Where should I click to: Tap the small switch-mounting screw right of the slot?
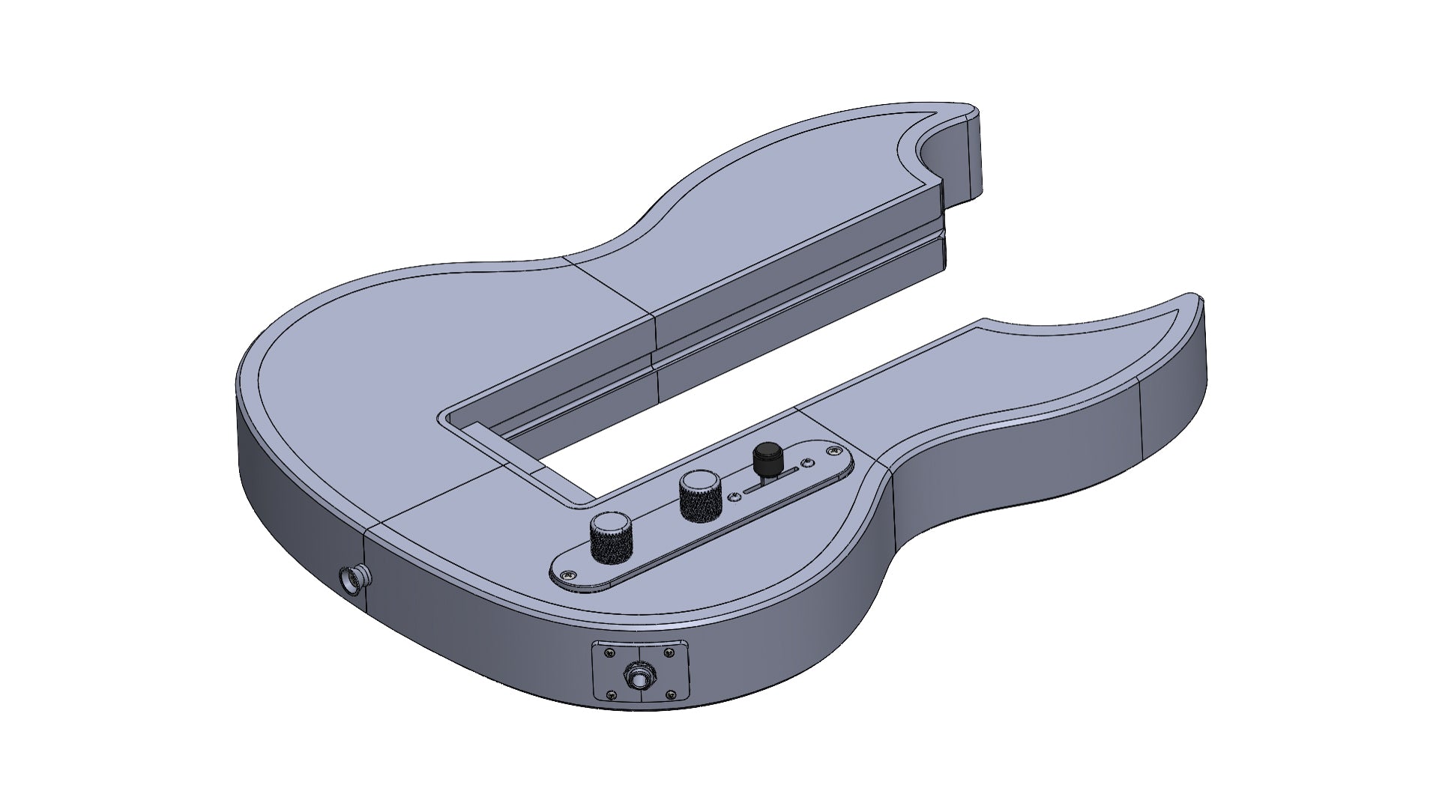click(x=807, y=462)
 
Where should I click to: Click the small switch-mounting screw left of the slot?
click(x=734, y=497)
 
